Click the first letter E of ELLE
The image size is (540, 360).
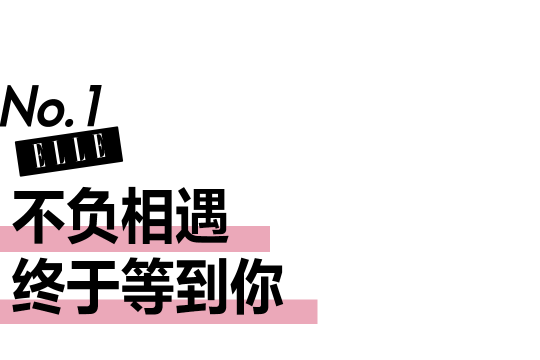coord(39,155)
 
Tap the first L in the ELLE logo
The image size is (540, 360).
coord(58,151)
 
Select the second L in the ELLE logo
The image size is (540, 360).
coord(78,148)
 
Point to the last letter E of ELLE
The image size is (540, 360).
coord(99,145)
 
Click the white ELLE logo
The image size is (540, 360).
coord(69,150)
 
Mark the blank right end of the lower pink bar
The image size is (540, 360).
coord(300,312)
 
